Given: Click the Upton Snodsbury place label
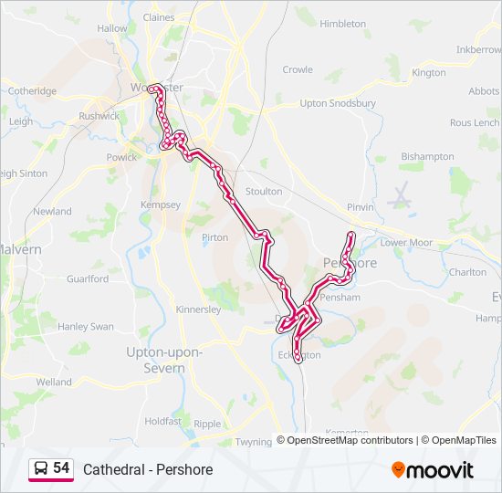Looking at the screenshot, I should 338,103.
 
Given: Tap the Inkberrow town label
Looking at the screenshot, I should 479,48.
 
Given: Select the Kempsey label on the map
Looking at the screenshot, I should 161,205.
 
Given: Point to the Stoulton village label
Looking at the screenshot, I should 264,192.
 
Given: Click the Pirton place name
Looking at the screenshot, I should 214,237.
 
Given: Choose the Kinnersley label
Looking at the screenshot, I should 198,309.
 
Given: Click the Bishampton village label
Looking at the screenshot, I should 426,156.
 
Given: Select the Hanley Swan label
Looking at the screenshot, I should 86,326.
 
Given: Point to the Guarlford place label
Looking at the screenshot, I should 87,278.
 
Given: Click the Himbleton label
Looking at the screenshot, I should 343,24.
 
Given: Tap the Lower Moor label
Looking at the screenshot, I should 406,243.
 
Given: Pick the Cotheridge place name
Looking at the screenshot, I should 32,91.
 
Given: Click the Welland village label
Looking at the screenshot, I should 54,382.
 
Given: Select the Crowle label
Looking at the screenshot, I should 298,69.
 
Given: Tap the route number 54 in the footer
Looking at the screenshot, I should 61,468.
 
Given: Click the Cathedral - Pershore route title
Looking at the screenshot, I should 148,470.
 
